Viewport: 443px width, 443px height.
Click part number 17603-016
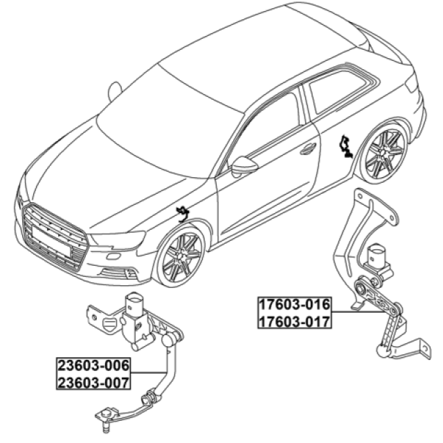[295, 305]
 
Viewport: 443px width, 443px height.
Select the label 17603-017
[295, 322]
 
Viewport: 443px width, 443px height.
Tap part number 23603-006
[94, 365]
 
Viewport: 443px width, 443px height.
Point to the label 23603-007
[94, 383]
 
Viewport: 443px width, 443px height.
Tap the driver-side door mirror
[244, 166]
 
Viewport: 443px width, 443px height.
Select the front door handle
[308, 149]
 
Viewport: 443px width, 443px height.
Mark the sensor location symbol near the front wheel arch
[182, 213]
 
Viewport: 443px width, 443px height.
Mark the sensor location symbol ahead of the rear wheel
[345, 146]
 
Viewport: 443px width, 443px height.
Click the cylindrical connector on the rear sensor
[376, 254]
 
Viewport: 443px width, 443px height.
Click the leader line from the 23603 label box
[148, 373]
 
